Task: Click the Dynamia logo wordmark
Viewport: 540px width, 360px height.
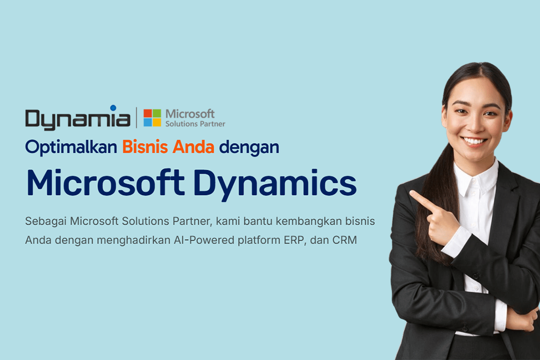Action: coord(78,118)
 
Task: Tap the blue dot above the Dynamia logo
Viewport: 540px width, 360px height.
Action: coord(113,108)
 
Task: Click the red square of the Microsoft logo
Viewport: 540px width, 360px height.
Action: coord(147,113)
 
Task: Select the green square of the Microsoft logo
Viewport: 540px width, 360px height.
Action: coord(157,113)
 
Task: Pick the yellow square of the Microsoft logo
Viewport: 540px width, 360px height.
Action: coord(157,123)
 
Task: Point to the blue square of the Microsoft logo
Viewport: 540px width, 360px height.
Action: coord(147,123)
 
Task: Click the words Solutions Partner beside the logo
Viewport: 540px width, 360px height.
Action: coord(195,124)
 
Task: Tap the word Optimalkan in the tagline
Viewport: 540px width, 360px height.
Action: coord(71,147)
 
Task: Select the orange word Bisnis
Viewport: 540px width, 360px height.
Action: coord(145,147)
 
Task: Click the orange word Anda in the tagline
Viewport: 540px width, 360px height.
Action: coord(193,147)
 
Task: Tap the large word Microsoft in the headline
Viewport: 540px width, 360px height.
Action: coord(105,183)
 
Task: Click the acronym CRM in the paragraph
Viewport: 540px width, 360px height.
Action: coord(345,240)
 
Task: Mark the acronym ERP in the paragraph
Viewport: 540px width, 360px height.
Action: coord(295,240)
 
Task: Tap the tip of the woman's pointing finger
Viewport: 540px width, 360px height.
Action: coord(411,193)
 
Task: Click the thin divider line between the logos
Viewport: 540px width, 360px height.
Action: coord(136,118)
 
